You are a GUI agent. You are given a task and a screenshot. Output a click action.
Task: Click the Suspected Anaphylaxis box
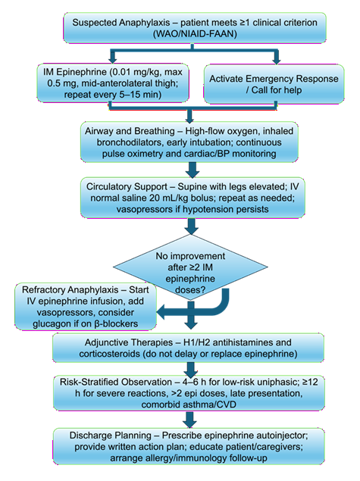click(195, 28)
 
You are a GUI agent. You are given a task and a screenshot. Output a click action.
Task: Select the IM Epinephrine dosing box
click(113, 83)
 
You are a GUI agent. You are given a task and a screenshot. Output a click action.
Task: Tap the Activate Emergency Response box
click(274, 84)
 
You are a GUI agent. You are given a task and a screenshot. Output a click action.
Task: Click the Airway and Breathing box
click(189, 142)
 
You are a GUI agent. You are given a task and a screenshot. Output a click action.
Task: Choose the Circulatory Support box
click(193, 198)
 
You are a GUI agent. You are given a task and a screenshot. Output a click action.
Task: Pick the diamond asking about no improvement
click(190, 267)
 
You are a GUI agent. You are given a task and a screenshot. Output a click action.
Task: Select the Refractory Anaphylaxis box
click(86, 307)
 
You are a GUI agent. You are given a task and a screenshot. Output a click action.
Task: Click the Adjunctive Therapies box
click(188, 348)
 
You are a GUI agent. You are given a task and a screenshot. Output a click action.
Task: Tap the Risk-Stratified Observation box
click(189, 393)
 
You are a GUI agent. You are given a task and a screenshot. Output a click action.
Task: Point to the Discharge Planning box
click(189, 446)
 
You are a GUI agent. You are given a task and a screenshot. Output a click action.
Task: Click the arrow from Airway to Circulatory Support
click(192, 170)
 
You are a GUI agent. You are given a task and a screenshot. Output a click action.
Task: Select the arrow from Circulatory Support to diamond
click(191, 226)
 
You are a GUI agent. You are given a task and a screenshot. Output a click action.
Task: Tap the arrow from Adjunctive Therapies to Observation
click(190, 370)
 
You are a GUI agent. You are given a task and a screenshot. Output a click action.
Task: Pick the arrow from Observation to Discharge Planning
click(190, 420)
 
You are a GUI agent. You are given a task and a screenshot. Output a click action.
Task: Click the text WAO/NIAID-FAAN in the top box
click(195, 34)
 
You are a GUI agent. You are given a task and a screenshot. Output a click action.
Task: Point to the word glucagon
click(50, 323)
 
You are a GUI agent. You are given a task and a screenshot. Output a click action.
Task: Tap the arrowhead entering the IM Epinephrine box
click(113, 59)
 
